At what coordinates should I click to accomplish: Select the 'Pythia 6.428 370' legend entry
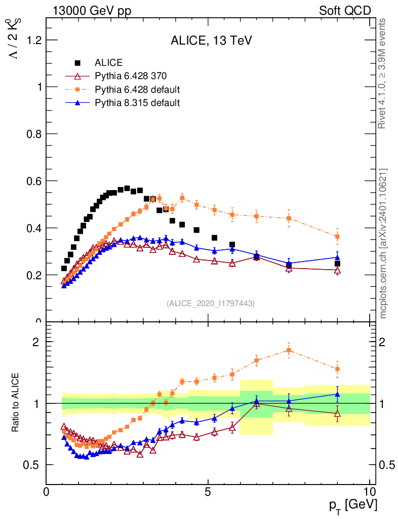tap(131, 77)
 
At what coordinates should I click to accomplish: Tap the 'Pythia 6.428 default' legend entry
tap(137, 90)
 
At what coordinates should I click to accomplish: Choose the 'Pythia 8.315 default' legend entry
tap(137, 103)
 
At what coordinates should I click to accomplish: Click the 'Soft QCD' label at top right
tap(345, 11)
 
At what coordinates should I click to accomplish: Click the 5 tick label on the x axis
tap(208, 492)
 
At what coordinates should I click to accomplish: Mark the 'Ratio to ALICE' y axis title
tap(16, 403)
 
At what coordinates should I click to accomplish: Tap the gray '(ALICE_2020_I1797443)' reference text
tap(211, 303)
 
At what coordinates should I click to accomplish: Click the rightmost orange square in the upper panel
tap(337, 236)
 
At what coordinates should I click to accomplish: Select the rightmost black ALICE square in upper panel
tap(337, 264)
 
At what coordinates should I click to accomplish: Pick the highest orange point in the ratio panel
tap(289, 350)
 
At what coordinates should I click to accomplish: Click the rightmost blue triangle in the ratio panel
tap(337, 394)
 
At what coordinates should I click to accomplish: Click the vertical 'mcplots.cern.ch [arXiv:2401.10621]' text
tap(383, 243)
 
